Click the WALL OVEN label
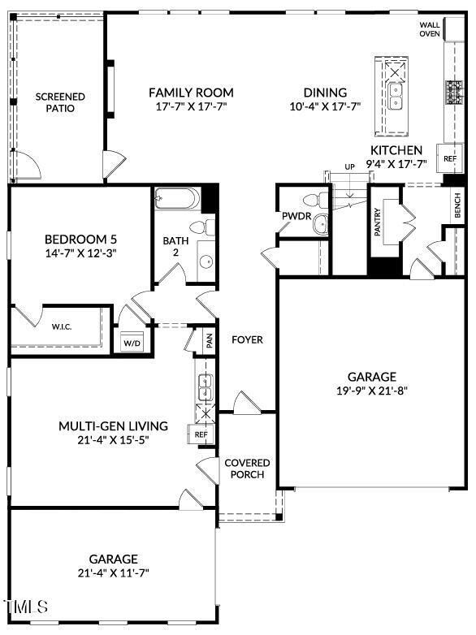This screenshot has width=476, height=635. tap(430, 29)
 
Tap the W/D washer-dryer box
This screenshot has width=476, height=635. tap(132, 343)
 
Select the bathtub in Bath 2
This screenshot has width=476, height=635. tap(177, 198)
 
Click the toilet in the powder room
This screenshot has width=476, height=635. tap(318, 200)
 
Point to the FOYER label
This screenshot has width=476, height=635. tap(247, 339)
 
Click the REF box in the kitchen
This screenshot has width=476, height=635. tap(450, 158)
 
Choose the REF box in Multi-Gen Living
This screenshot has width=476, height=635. tap(201, 434)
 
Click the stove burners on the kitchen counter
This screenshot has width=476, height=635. tap(455, 93)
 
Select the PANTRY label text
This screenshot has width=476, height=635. tap(378, 222)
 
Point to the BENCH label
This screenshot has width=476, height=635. tap(457, 205)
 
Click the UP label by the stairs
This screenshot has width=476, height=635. tap(349, 166)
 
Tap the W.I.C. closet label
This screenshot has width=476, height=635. tap(62, 326)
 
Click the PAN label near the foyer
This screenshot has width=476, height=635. tap(210, 341)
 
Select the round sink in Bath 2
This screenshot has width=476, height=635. tap(206, 261)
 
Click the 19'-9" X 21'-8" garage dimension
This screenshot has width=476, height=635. tap(372, 391)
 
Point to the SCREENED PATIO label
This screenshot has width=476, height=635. tap(60, 102)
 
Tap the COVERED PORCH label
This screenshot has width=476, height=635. tap(247, 469)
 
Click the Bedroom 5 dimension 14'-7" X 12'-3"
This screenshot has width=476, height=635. tap(80, 253)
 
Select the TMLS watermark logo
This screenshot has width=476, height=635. tap(25, 607)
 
